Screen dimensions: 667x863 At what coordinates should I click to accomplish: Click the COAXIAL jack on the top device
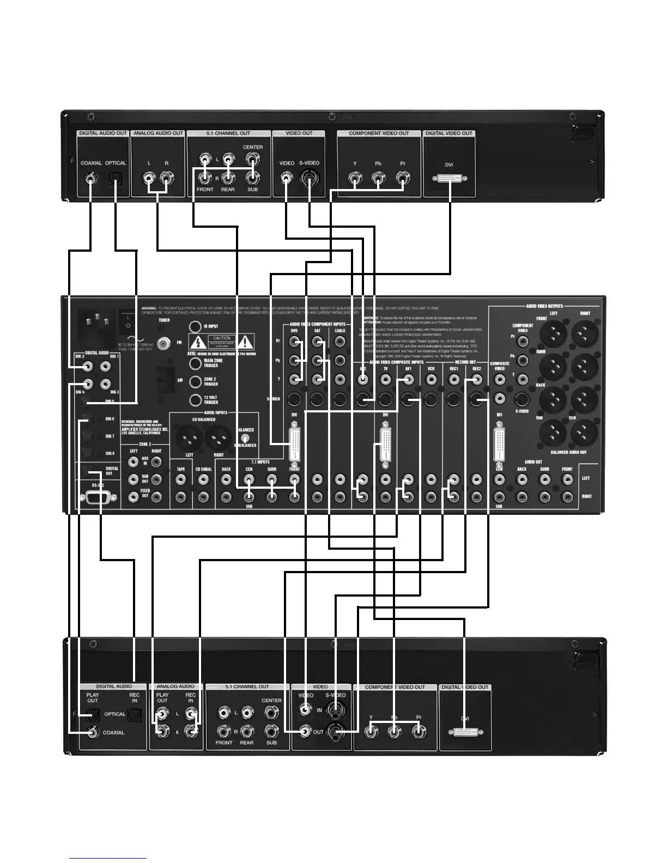90,178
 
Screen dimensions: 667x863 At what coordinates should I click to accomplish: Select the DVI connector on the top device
450,178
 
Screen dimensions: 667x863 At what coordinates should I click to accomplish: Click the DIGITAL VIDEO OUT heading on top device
448,133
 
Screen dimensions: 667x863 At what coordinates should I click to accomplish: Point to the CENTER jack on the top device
252,159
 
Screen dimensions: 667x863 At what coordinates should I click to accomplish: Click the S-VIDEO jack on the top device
308,178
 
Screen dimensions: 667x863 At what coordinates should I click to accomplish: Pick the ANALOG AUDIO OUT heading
158,133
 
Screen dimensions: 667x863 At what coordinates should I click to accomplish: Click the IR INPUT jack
195,326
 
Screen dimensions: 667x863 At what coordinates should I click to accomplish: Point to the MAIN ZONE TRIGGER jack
195,362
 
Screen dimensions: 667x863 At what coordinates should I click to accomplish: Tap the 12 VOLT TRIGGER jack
195,400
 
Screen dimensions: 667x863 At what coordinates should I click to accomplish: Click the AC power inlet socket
98,324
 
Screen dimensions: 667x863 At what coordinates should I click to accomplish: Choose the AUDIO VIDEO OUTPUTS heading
544,306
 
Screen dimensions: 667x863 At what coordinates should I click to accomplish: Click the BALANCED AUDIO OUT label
568,452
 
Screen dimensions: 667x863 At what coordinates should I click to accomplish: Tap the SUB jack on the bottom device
271,731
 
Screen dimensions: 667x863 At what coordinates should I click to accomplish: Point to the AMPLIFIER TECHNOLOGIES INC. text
145,429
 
